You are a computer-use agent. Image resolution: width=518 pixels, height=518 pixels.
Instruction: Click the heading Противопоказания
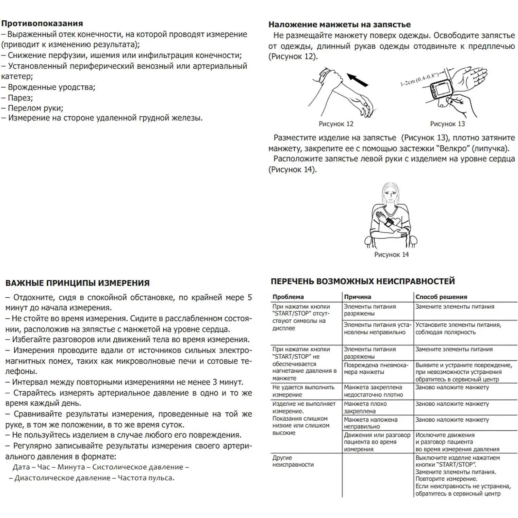[x=42, y=23]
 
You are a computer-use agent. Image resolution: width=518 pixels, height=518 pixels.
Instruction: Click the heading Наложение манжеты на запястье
[x=339, y=25]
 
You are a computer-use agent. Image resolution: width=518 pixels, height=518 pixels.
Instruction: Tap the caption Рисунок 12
[x=336, y=124]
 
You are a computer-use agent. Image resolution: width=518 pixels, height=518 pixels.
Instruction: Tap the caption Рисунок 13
[x=448, y=124]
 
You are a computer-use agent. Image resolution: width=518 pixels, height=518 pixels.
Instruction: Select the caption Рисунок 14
[x=391, y=255]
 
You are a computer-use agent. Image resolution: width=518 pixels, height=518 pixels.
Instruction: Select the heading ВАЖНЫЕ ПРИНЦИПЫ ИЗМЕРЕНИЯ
[x=77, y=283]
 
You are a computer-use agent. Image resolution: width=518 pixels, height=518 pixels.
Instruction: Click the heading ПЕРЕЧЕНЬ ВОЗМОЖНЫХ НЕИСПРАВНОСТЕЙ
[x=363, y=281]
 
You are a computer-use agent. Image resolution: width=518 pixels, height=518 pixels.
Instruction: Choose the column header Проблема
[x=288, y=297]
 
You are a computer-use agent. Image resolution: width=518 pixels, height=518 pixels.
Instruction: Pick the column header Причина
[x=357, y=297]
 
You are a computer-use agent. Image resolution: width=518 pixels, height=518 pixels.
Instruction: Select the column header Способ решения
[x=441, y=297]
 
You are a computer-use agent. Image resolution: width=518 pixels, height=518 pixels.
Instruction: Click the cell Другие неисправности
[x=293, y=461]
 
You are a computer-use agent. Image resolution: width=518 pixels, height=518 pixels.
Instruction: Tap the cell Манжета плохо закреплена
[x=365, y=407]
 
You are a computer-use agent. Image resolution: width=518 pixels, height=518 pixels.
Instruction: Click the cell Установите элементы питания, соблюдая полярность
[x=458, y=329]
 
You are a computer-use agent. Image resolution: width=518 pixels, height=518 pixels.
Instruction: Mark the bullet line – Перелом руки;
[x=32, y=108]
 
